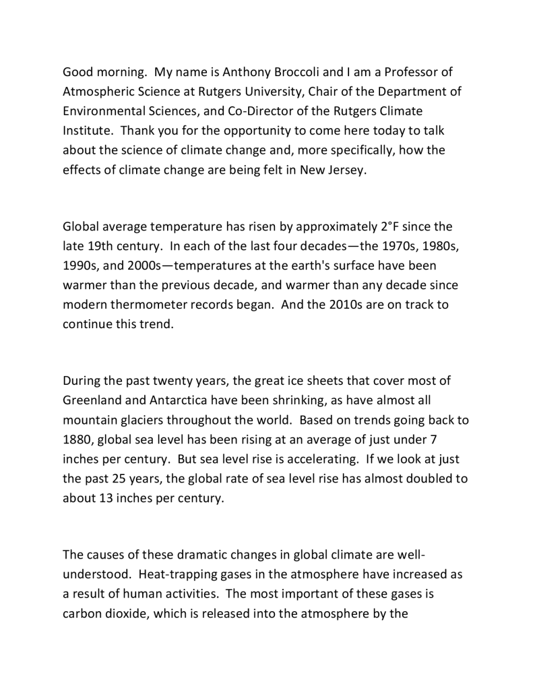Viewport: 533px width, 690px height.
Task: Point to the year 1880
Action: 78,439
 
